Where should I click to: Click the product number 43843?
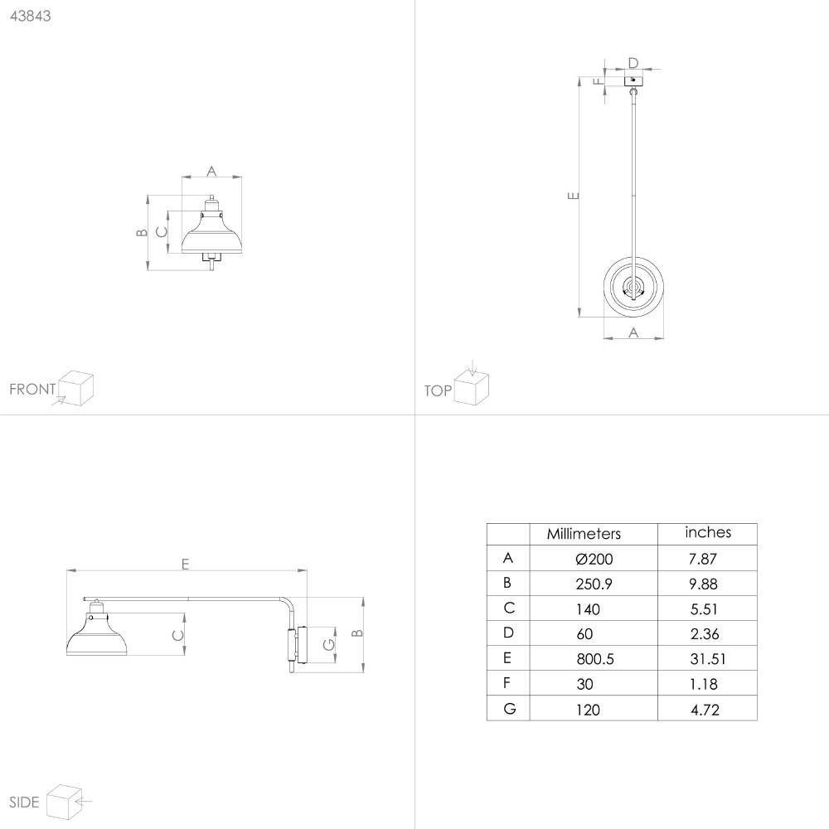click(30, 16)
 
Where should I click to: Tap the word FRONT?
click(32, 389)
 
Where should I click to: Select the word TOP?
click(438, 390)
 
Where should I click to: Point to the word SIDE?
click(24, 802)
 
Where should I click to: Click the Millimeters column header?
click(584, 533)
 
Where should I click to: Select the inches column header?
click(708, 532)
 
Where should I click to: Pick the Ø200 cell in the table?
click(594, 559)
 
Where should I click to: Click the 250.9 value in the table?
click(594, 584)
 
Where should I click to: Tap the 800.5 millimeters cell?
click(594, 659)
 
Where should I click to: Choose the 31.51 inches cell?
click(708, 659)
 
